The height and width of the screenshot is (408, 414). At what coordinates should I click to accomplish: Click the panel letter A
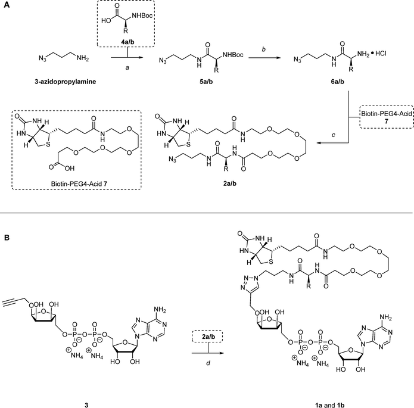point(7,5)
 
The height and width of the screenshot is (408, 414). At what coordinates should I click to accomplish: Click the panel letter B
point(7,238)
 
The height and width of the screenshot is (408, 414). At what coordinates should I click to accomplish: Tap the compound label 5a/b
point(206,82)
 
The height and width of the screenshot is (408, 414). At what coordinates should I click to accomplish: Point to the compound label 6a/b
point(337,82)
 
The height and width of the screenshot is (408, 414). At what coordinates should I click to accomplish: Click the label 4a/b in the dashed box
point(126,42)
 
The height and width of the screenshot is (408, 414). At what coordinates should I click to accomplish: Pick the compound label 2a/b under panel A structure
point(229,183)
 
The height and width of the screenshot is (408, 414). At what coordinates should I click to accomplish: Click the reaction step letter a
point(127,68)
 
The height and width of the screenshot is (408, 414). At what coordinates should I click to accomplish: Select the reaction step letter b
point(263,49)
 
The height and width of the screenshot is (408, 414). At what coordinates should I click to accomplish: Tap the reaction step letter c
point(334,127)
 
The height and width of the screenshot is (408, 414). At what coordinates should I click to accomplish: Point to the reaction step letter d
point(208,363)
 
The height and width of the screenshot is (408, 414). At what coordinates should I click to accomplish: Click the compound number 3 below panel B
point(86,405)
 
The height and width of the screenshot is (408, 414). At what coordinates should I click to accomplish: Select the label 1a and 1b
point(329,405)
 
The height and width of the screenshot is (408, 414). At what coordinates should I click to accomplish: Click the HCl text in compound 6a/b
point(381,54)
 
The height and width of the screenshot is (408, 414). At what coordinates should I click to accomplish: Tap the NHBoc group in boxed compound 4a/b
point(142,16)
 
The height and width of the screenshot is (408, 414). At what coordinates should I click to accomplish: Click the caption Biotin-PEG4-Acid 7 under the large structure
point(79,183)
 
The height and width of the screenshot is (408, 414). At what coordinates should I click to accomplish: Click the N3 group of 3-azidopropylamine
point(42,58)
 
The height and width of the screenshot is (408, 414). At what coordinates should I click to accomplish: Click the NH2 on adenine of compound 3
point(160,309)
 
